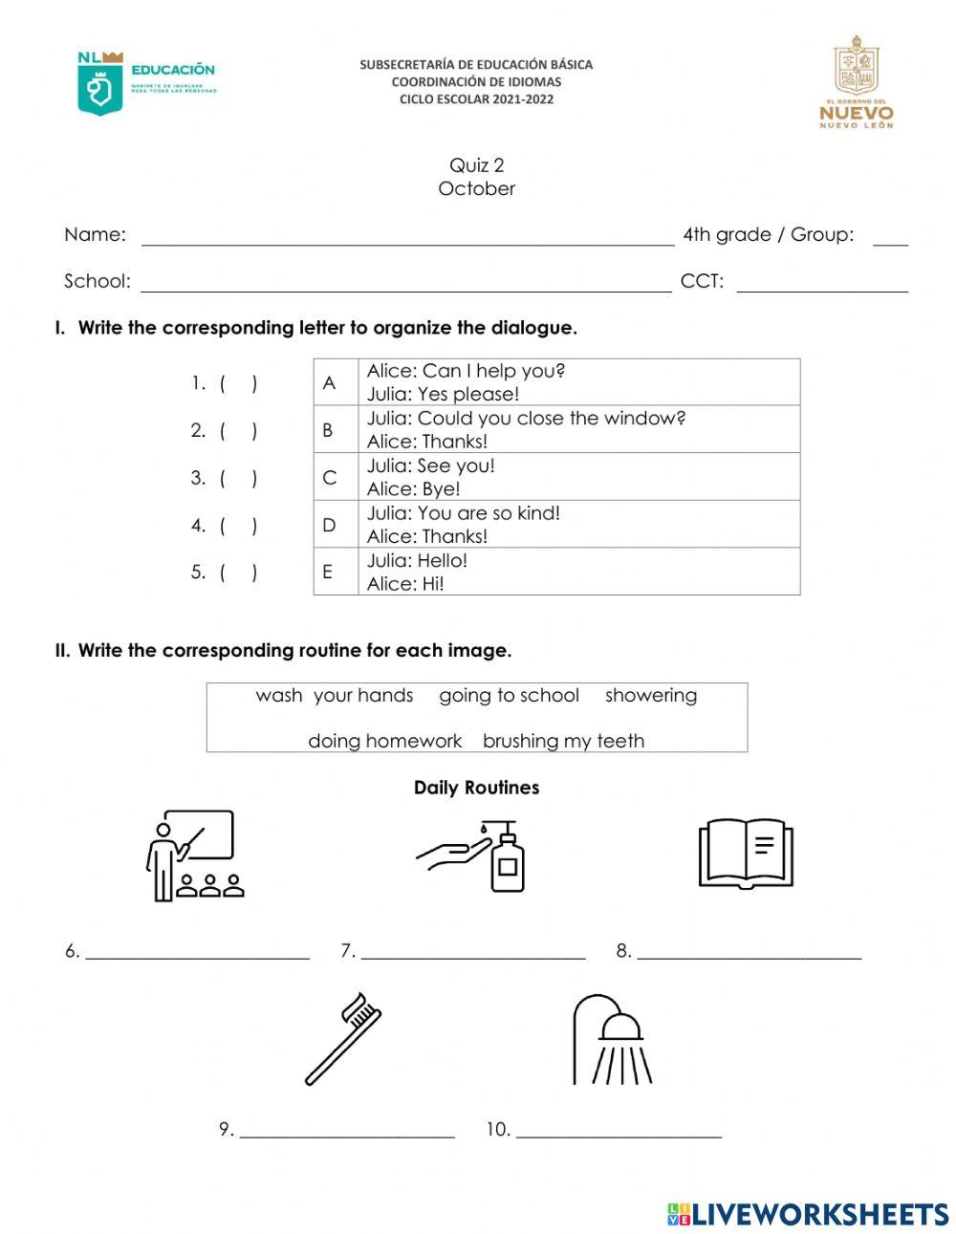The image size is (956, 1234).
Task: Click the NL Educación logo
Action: coord(145,83)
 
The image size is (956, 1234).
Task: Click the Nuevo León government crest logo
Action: coord(856,82)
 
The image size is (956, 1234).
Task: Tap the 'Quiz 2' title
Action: coord(476,165)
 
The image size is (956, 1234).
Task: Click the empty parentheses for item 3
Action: coord(238,478)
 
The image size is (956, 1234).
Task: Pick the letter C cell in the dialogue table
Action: coord(329,477)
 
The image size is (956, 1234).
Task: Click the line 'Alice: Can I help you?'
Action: coord(466,371)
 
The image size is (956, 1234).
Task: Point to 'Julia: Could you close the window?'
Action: coord(526,418)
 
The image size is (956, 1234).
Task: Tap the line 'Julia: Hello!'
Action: coord(417,560)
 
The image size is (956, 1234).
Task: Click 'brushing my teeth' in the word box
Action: coord(563,741)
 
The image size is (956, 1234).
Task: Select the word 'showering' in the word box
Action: coord(650,695)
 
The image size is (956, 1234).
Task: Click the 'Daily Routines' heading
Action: coord(476,788)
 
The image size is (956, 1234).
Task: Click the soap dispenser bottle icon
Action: coord(507,857)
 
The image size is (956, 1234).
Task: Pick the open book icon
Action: coord(746,853)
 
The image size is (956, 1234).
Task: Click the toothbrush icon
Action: coord(343,1038)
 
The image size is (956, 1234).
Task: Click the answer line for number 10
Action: coord(618,1131)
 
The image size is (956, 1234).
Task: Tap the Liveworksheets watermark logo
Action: coord(808,1214)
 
